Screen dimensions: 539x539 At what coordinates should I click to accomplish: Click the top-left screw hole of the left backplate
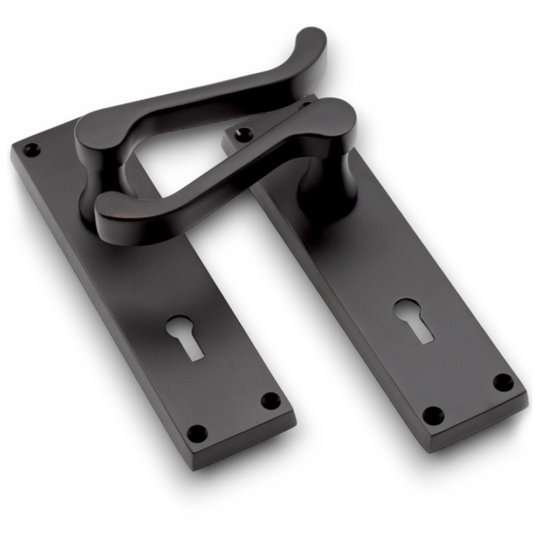tap(31, 149)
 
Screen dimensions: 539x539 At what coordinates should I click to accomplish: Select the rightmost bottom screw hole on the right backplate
tap(503, 382)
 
